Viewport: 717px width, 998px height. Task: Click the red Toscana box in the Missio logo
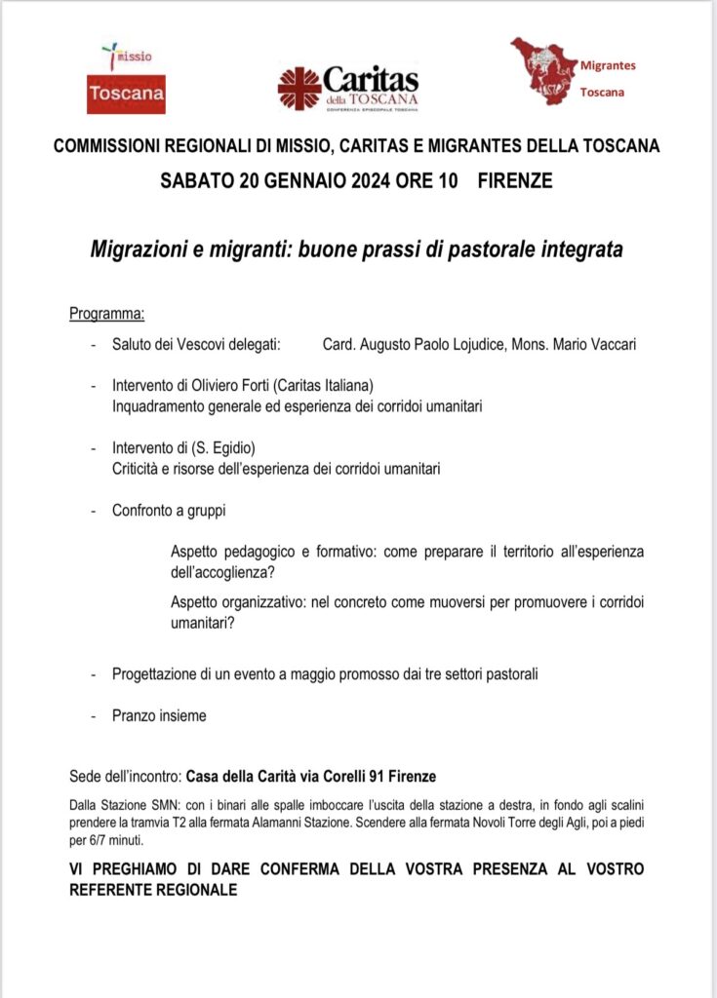click(x=126, y=95)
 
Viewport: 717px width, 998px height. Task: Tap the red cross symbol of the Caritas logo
click(x=299, y=89)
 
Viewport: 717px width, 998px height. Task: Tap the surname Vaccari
click(x=609, y=345)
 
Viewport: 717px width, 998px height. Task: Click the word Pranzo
click(x=135, y=715)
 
